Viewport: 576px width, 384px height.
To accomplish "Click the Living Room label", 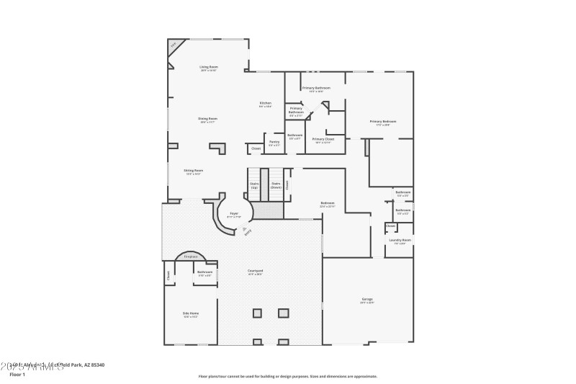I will pos(209,68).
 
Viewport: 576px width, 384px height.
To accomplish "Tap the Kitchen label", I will pos(265,104).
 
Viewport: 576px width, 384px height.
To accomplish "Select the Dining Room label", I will pos(208,120).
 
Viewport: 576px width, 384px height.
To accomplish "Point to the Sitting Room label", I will pos(193,171).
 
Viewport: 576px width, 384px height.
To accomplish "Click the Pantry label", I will pos(274,143).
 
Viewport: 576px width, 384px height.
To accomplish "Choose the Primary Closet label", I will pos(323,140).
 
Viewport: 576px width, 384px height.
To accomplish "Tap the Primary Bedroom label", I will pos(383,122).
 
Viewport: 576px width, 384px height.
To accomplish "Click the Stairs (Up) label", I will pos(254,185).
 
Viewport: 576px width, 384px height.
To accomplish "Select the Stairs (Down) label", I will pos(276,185).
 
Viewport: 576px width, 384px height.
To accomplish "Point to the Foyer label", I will pos(234,215).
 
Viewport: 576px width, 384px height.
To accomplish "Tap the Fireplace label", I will pos(191,256).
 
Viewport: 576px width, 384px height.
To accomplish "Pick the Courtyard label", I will pos(255,272).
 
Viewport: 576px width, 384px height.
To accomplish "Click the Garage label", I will pos(367,300).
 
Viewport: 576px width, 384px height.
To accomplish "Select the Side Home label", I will pos(191,315).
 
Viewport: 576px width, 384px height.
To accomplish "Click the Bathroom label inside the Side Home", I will pos(205,273).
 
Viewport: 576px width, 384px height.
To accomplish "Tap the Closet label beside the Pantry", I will pos(256,148).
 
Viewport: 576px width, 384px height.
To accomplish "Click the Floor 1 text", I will pos(17,375).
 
